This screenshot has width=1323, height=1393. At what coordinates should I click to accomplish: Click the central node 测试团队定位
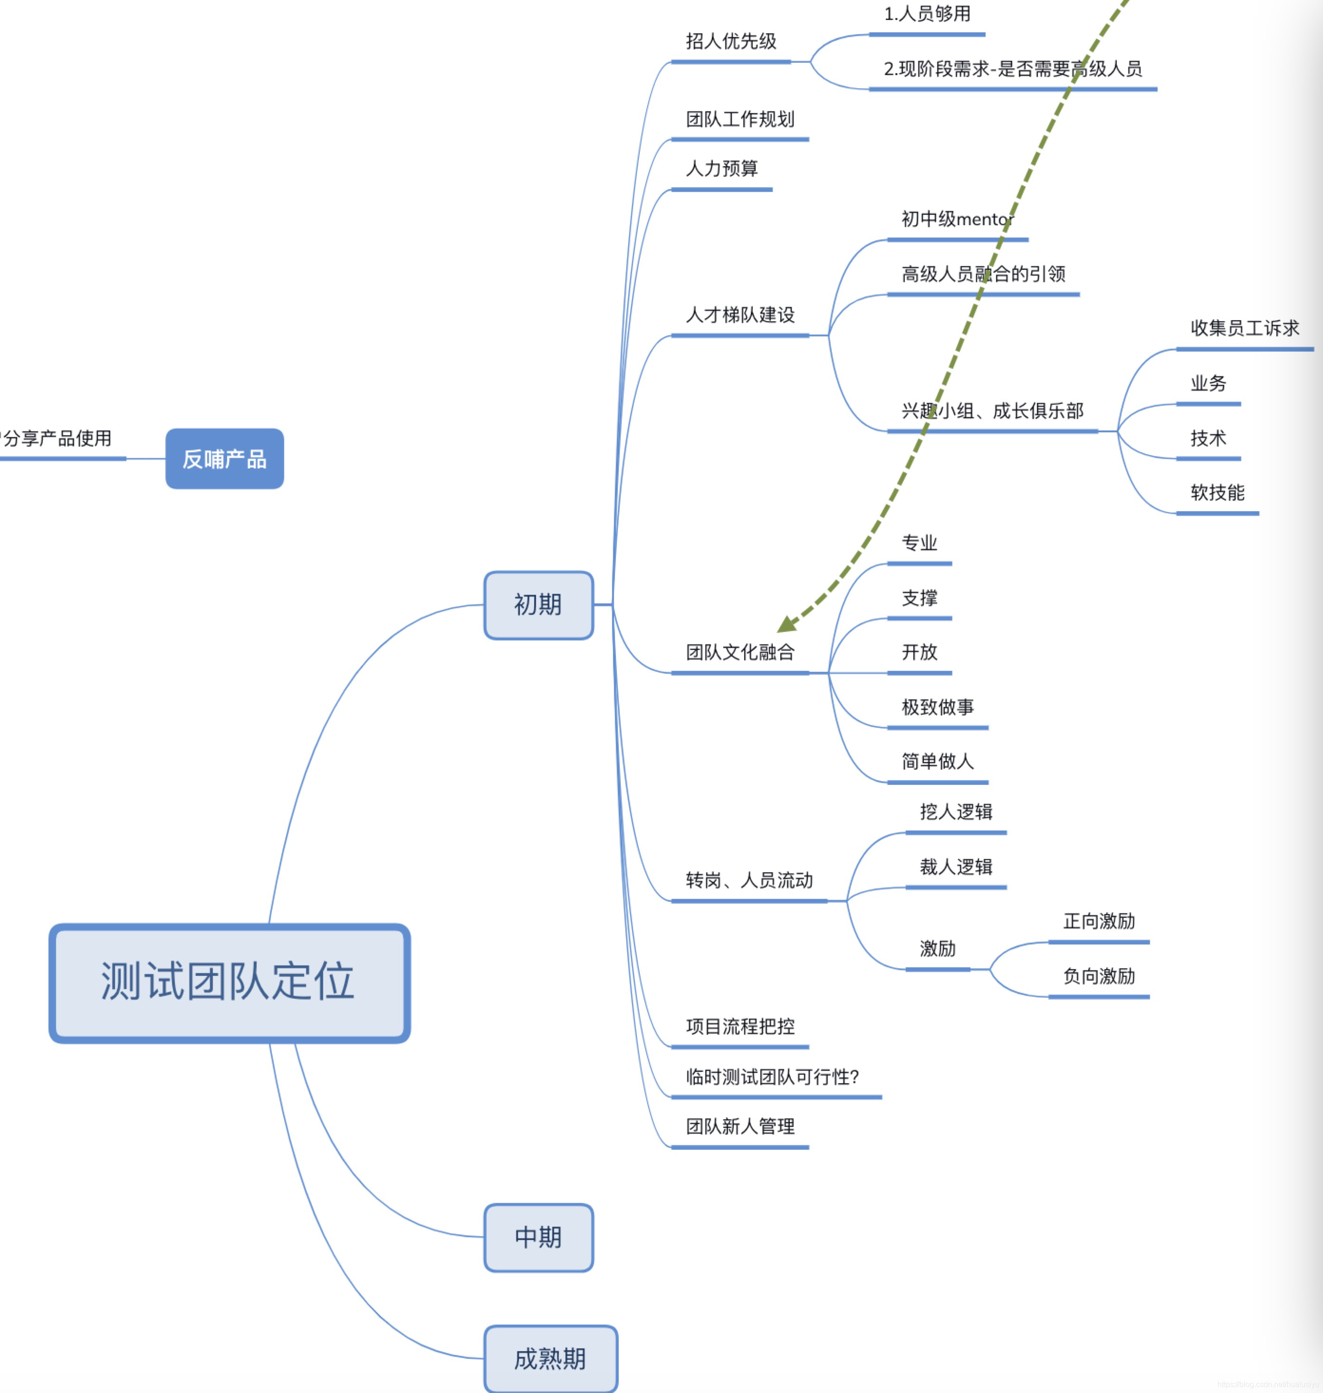(x=229, y=982)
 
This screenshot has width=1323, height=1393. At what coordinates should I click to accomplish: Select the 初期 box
(x=538, y=605)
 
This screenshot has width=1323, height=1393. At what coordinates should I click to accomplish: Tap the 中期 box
(x=538, y=1237)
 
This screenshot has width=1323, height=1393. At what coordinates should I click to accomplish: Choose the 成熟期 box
(x=550, y=1358)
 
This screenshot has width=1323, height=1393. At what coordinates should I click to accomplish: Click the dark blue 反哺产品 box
(x=224, y=459)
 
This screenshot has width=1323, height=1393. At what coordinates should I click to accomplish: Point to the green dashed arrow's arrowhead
(x=786, y=625)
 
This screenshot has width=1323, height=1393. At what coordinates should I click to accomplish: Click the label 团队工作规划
(x=740, y=119)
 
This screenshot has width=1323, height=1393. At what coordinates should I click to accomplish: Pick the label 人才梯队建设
(x=740, y=315)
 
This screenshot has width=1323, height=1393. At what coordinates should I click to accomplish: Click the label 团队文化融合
(x=740, y=652)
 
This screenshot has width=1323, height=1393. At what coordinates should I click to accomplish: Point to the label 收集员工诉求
(x=1244, y=328)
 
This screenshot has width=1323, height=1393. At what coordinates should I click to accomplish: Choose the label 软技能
(x=1217, y=493)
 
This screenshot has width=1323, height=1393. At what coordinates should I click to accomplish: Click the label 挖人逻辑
(x=956, y=812)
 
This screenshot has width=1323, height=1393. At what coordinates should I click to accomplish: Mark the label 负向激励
(x=1099, y=976)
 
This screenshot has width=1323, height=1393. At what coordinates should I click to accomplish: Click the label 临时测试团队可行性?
(x=772, y=1077)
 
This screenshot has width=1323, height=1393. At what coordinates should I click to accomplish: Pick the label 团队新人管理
(x=740, y=1126)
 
